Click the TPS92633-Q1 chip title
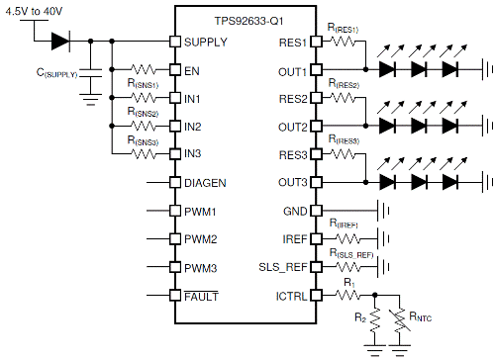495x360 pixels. point(245,20)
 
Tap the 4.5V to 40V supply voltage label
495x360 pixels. point(39,11)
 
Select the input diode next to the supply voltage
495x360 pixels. point(59,42)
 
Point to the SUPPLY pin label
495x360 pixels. point(205,43)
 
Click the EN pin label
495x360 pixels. point(192,71)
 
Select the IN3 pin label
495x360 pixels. point(194,155)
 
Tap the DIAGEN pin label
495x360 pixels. point(205,184)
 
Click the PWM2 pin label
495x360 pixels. point(201,240)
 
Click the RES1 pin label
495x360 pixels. point(291,43)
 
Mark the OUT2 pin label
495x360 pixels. point(291,128)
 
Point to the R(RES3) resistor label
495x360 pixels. point(346,143)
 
